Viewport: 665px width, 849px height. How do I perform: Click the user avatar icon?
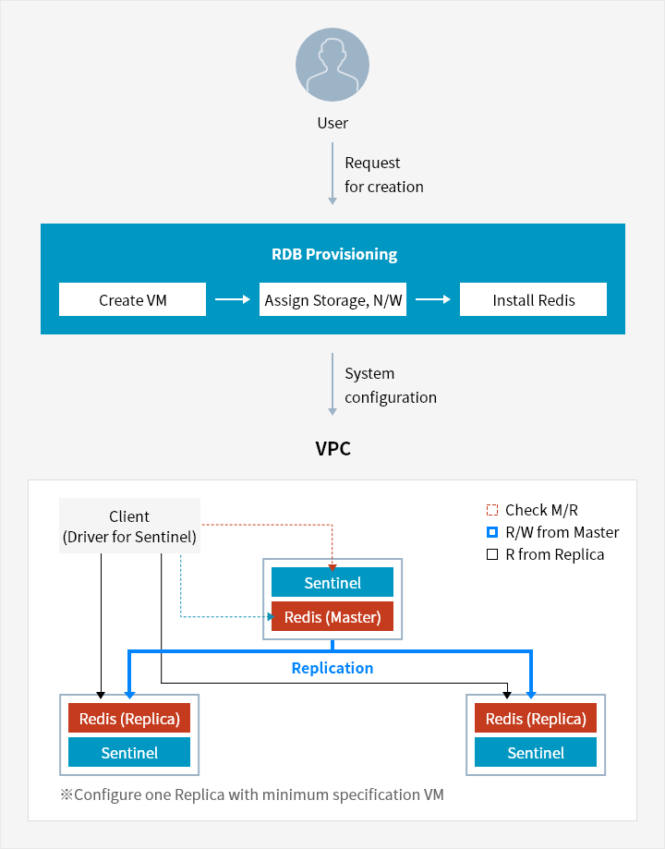pos(332,64)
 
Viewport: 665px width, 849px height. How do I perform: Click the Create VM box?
pos(133,300)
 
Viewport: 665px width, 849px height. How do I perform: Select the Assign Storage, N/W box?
pos(332,300)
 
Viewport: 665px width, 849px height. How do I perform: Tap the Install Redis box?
pos(533,300)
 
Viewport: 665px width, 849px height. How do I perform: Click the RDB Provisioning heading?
pos(332,254)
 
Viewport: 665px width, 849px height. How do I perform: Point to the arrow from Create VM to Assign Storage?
pos(233,299)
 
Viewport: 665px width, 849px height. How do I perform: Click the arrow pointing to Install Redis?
pos(433,299)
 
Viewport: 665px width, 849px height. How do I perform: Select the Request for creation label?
pos(383,175)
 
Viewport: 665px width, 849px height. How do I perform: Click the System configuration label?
pos(390,385)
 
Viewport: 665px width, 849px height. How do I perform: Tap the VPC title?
pos(332,450)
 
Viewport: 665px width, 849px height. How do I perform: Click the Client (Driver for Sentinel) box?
pos(129,527)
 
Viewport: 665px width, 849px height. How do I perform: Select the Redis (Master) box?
pos(332,617)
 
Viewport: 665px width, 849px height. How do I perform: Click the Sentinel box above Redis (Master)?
pos(332,583)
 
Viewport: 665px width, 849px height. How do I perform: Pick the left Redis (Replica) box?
pos(129,719)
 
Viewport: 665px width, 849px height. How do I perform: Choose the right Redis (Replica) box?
pos(536,719)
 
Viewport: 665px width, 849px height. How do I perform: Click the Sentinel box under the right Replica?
pos(536,753)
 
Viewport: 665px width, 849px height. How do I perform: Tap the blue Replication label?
pos(332,668)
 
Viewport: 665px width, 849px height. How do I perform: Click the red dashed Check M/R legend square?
pos(492,510)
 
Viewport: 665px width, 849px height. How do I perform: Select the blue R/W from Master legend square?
pos(492,532)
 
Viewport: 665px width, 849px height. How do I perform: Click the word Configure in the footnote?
pos(105,794)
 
